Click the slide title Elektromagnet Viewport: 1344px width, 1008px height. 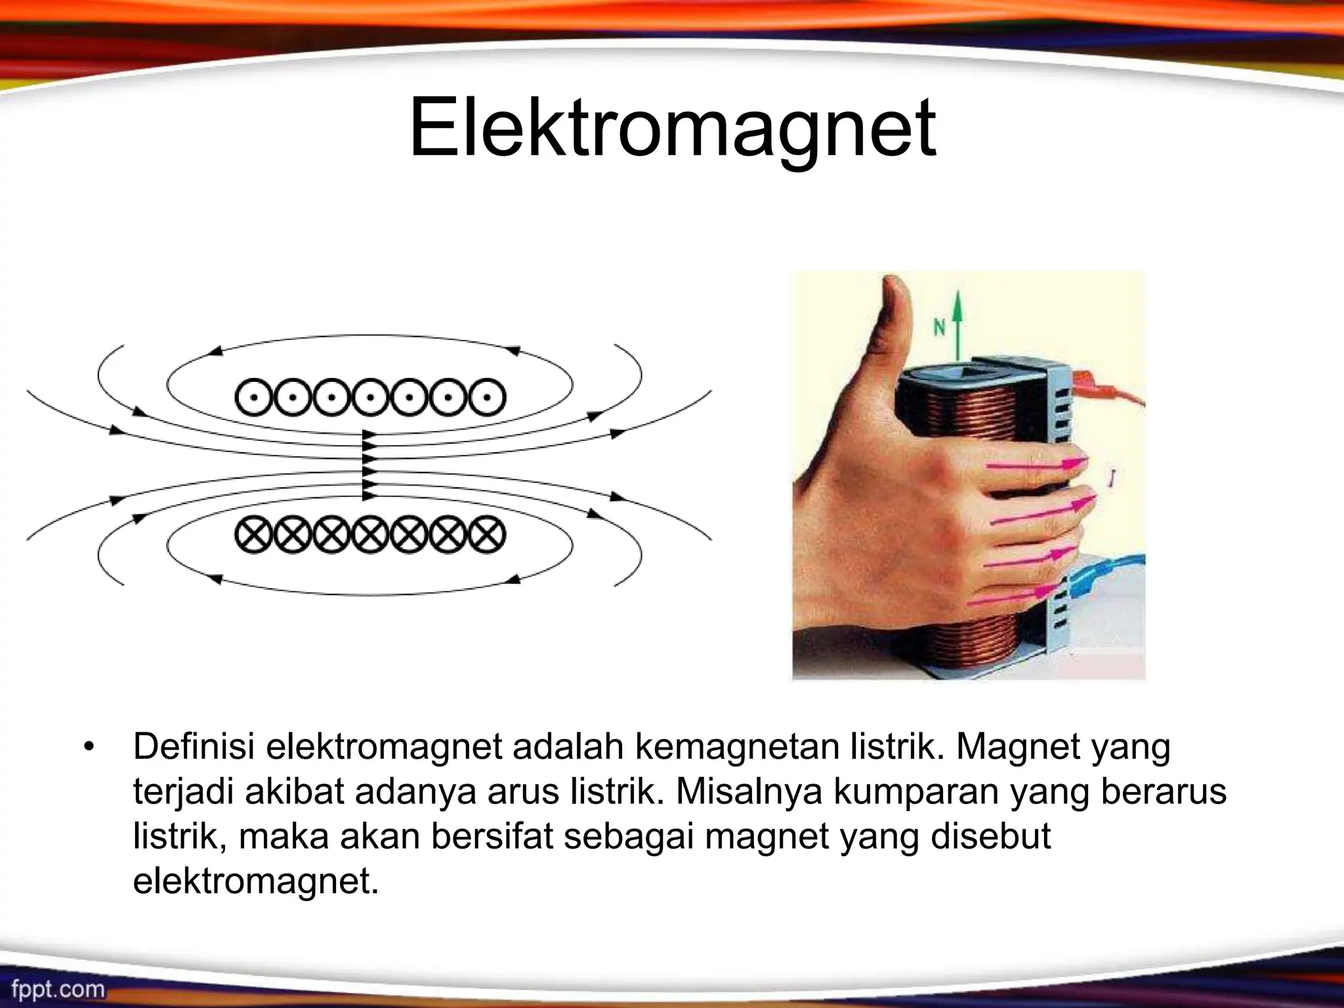(672, 128)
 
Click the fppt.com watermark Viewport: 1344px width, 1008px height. (58, 988)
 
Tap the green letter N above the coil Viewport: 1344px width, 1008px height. (939, 327)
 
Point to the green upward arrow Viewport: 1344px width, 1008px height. (958, 328)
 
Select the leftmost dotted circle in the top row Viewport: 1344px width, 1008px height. (253, 397)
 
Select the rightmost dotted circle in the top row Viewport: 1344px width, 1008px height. (487, 397)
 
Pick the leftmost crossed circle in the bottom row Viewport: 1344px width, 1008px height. (253, 535)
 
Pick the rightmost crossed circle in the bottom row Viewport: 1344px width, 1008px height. (487, 535)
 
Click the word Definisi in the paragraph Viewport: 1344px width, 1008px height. (194, 747)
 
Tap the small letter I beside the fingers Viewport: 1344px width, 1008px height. (1111, 479)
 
